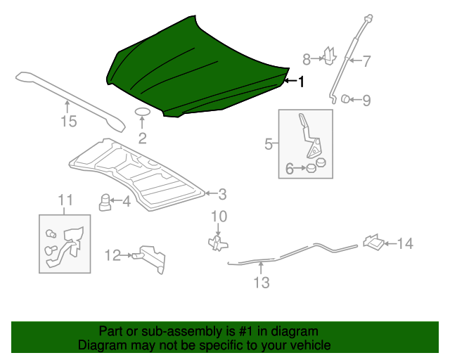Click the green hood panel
[197, 70]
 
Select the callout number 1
[301, 82]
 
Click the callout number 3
[221, 193]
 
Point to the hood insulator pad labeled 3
[141, 172]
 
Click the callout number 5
[269, 144]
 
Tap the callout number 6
[289, 168]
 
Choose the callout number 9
[366, 100]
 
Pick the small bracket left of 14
[373, 243]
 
